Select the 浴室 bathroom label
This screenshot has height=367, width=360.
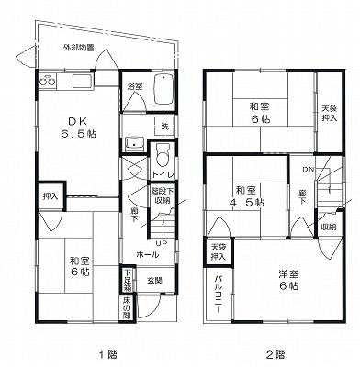coord(134,86)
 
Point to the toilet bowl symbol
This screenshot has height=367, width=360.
coord(163,153)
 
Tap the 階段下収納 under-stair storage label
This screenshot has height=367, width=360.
coord(162,195)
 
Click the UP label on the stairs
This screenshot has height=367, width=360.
coord(160,242)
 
